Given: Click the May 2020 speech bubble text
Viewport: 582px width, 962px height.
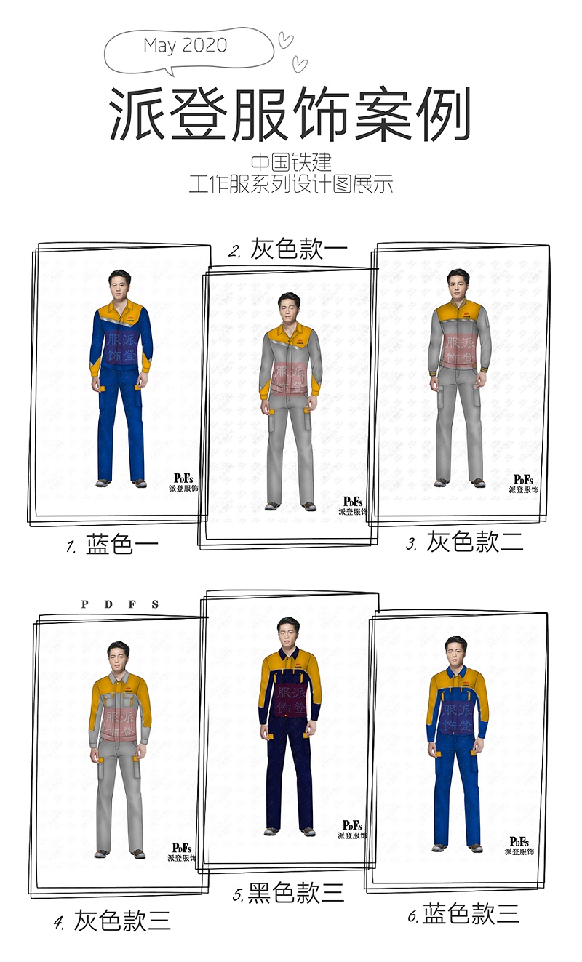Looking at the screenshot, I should click(186, 45).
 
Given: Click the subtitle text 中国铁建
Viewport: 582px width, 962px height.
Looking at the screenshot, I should click(291, 162).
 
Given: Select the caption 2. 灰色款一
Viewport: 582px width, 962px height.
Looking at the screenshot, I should click(289, 249).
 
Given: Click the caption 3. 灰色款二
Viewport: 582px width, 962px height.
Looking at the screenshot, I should click(465, 542).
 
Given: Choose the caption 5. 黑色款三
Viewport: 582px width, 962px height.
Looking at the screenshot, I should click(288, 893).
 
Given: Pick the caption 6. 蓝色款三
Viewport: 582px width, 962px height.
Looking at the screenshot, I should click(463, 914).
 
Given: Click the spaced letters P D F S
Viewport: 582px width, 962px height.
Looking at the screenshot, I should click(120, 604).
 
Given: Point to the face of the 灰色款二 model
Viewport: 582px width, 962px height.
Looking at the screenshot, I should click(458, 284).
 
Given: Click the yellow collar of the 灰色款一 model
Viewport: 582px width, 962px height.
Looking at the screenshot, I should click(290, 328).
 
